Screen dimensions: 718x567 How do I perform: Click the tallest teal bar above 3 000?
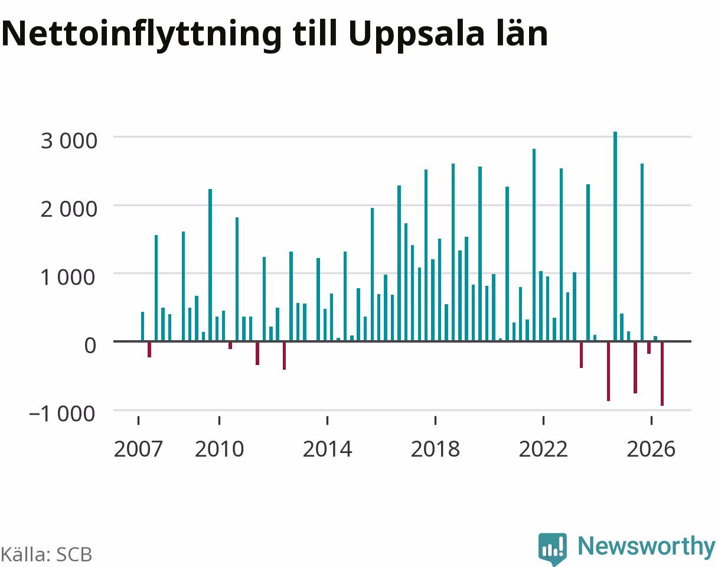pyautogui.click(x=615, y=236)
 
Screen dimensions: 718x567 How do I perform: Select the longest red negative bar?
pyautogui.click(x=662, y=374)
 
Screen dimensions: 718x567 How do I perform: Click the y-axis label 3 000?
pyautogui.click(x=69, y=141)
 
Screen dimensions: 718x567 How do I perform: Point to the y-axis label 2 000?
pyautogui.click(x=69, y=210)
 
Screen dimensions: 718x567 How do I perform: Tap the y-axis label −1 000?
pyautogui.click(x=63, y=414)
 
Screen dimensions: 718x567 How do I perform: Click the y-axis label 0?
pyautogui.click(x=90, y=346)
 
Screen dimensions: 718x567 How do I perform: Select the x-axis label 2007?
pyautogui.click(x=138, y=449)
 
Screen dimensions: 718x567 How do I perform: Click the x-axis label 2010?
pyautogui.click(x=219, y=449)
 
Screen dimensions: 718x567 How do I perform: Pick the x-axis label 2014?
pyautogui.click(x=327, y=449)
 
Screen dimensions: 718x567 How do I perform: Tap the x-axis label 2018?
pyautogui.click(x=435, y=449)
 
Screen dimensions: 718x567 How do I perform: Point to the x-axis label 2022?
pyautogui.click(x=543, y=449)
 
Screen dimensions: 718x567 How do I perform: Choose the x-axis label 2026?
pyautogui.click(x=651, y=449)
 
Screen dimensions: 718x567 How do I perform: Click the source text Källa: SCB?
pyautogui.click(x=47, y=555)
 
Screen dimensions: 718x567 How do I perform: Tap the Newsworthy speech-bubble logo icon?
pyautogui.click(x=553, y=549)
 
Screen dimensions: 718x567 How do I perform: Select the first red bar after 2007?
pyautogui.click(x=149, y=350)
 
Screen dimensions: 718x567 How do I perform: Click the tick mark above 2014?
pyautogui.click(x=327, y=421)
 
